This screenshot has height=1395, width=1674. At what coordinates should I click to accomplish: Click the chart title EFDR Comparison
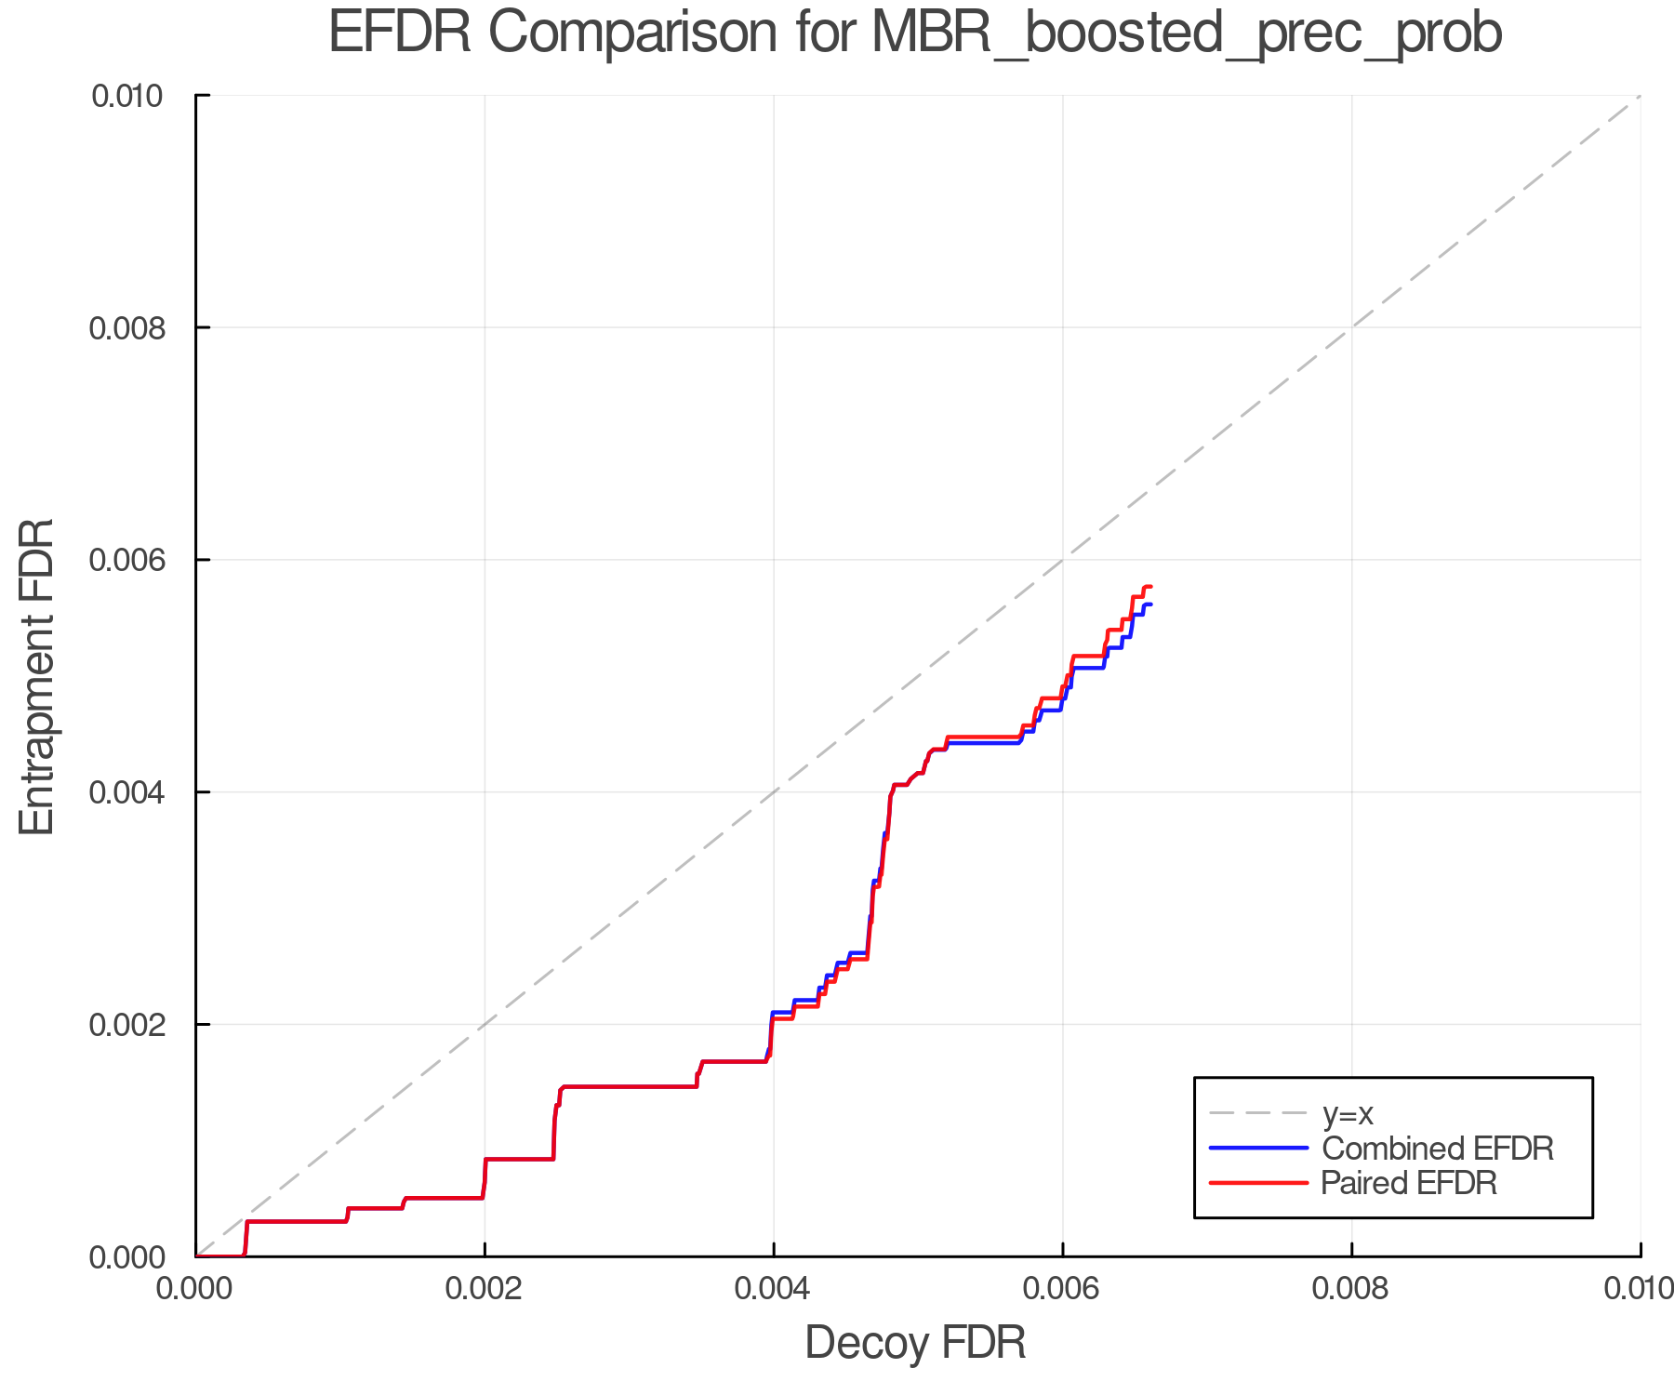[915, 33]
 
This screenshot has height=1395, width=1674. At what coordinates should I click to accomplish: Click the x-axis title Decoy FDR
[915, 1343]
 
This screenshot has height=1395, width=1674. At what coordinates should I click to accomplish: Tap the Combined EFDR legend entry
[1437, 1149]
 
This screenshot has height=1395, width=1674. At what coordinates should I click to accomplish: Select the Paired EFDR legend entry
[1409, 1183]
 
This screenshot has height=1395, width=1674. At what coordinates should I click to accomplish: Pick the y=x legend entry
[1348, 1114]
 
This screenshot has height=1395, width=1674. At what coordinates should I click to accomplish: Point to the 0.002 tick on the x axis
[485, 1289]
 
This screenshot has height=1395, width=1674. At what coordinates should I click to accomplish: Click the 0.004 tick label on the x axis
[774, 1289]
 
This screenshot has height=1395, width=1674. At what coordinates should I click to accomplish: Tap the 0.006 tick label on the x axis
[1062, 1289]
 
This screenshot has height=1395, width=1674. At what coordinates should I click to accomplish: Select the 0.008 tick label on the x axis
[1351, 1289]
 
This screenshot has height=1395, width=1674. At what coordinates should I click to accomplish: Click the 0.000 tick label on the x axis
[195, 1289]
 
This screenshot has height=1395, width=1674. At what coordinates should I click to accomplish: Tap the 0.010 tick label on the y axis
[127, 96]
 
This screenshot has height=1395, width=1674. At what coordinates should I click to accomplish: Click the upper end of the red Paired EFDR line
[1151, 587]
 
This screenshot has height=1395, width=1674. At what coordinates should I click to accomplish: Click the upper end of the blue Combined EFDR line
[1151, 605]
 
